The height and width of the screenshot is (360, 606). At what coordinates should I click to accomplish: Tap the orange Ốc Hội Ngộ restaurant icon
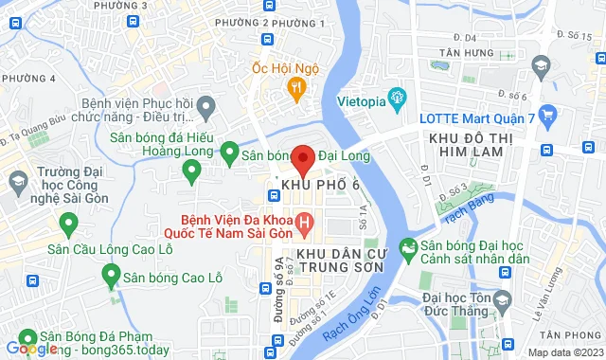(x=296, y=90)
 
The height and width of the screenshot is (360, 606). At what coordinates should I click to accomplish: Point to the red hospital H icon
(x=304, y=225)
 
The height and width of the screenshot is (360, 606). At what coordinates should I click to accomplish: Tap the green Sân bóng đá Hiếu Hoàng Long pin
(x=192, y=171)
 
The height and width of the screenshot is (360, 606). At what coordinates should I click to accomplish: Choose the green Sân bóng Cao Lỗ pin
(x=110, y=277)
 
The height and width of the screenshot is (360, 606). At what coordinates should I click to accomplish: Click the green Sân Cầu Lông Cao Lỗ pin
(x=68, y=225)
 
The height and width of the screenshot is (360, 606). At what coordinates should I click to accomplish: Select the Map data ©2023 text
(x=563, y=352)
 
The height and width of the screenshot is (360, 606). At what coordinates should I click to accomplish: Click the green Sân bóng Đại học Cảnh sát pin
(x=407, y=249)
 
